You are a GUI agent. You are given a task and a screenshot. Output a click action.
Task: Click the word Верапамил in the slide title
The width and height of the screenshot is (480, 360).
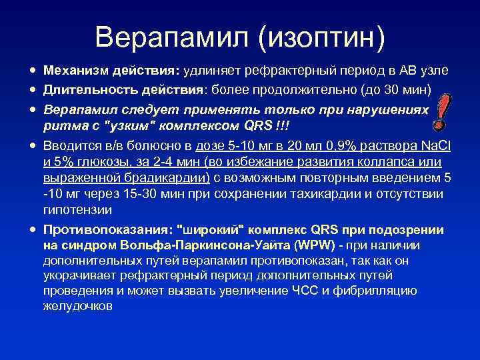tap(173, 37)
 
